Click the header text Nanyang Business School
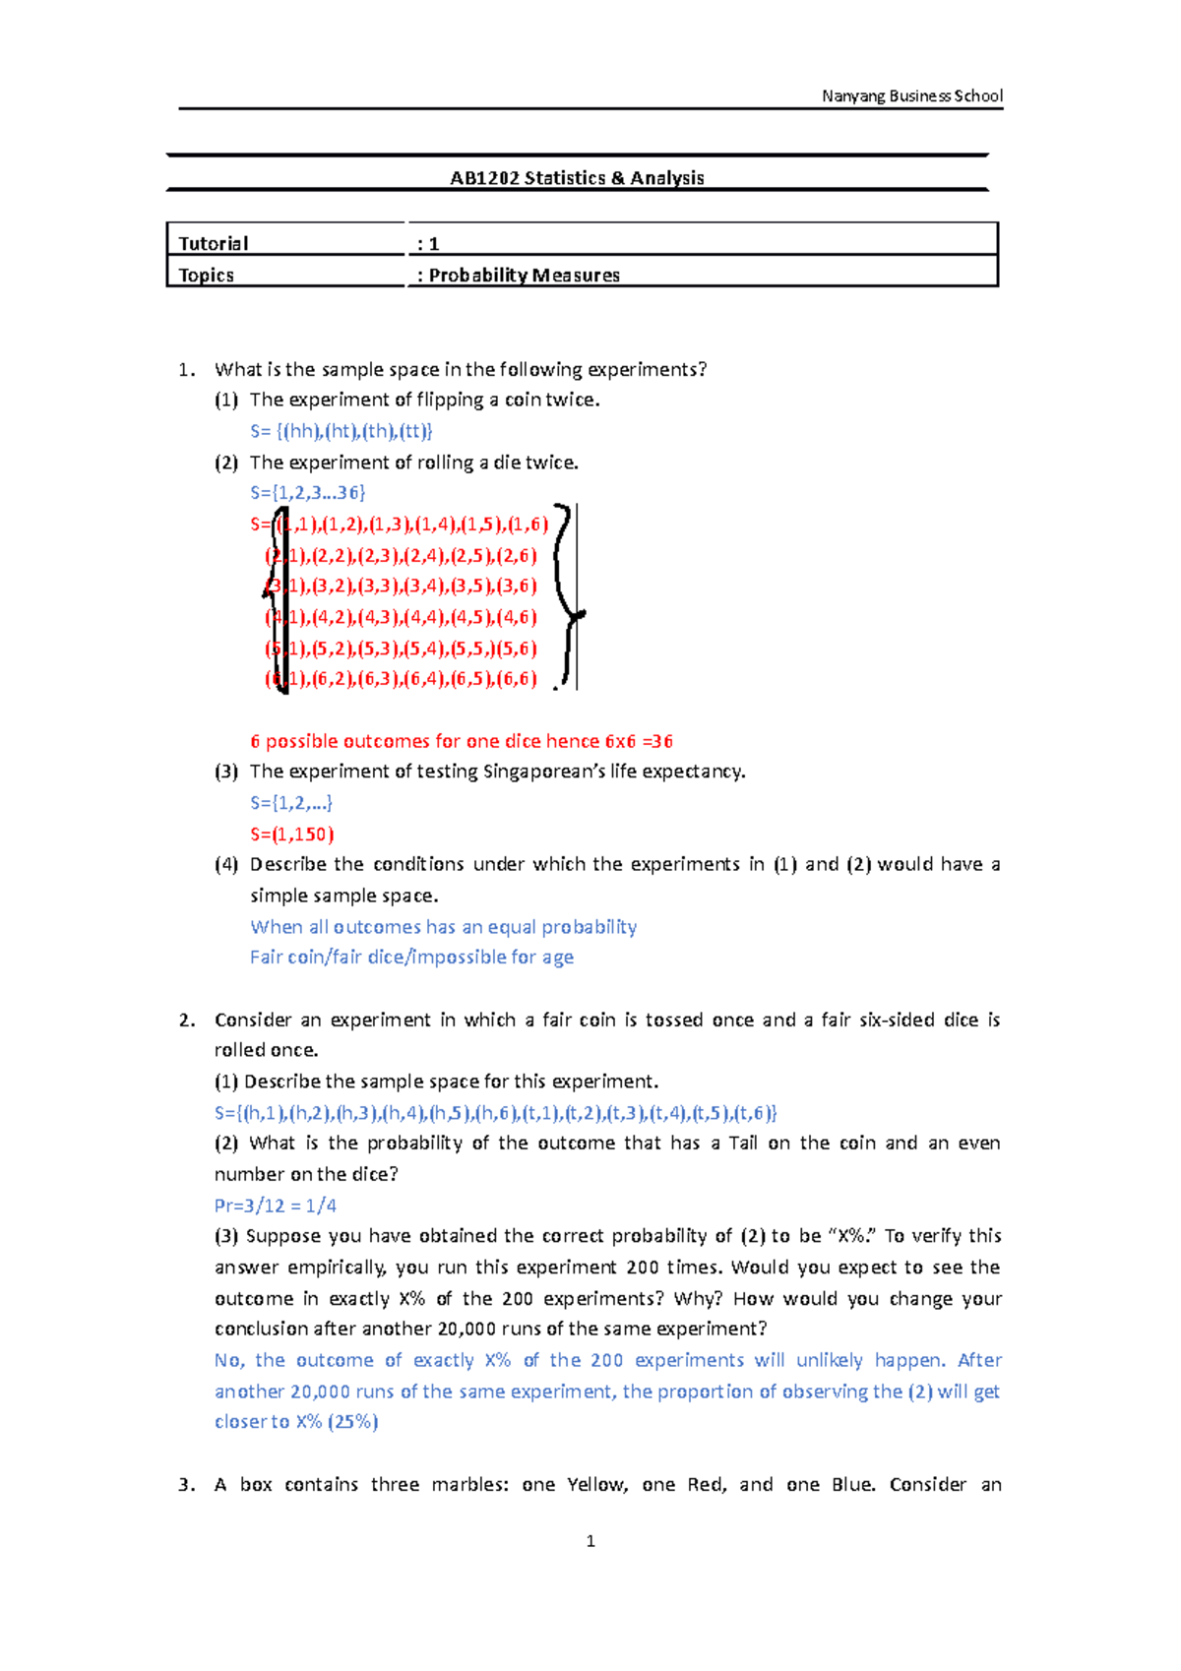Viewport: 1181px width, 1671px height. [911, 95]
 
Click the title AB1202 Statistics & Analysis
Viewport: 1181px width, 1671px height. [577, 178]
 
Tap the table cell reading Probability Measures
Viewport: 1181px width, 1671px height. [523, 276]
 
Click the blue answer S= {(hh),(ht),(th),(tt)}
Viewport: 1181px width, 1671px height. [341, 431]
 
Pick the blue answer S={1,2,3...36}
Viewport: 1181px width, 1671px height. [307, 493]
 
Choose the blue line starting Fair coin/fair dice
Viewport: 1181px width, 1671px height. [411, 958]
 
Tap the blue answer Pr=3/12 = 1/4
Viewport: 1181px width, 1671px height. [276, 1206]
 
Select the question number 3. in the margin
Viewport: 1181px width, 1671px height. [186, 1485]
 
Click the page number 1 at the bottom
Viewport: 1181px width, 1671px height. [590, 1541]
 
